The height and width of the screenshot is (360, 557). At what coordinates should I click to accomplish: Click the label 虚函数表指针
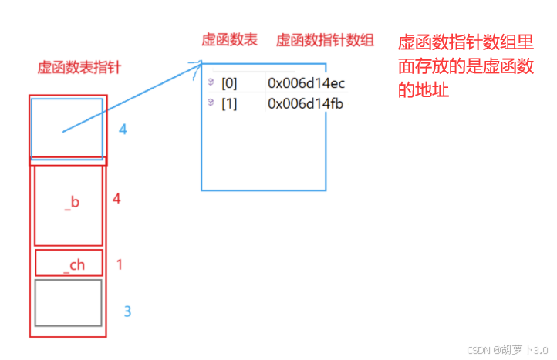pos(79,68)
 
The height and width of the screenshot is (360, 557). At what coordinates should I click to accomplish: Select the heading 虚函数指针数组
pos(325,40)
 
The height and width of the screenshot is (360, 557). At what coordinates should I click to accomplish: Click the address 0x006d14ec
pos(306,82)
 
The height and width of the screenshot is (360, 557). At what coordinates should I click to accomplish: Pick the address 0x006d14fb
pos(306,104)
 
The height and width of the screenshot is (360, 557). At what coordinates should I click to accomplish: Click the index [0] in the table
pos(229,82)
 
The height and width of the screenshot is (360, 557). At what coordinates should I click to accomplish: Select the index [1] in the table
pos(229,104)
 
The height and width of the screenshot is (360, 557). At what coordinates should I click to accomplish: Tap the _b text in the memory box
pos(72,203)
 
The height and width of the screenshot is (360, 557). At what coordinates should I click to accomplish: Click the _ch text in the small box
pos(74,265)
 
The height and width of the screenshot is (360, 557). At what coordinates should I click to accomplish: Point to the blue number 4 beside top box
pos(122,130)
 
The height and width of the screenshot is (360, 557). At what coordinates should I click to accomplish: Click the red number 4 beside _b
pos(116,199)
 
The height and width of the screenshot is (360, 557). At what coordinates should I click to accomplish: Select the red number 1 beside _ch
pos(120,264)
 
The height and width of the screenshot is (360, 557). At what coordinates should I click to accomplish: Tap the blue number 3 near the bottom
pos(128,311)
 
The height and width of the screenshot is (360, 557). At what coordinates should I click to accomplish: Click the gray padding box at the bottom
pos(68,302)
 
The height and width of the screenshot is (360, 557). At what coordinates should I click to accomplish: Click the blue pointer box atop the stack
pos(67,127)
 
